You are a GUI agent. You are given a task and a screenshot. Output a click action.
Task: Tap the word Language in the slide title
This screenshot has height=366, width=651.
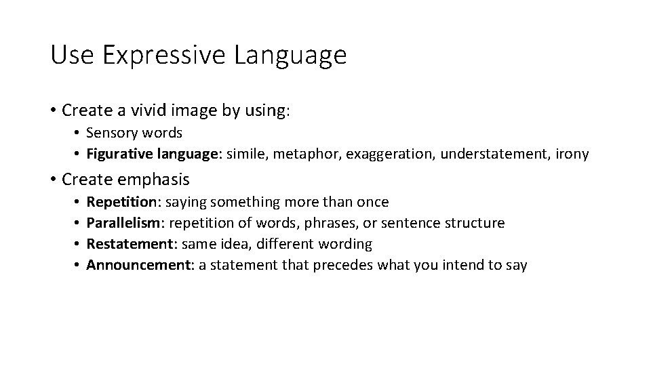click(x=290, y=55)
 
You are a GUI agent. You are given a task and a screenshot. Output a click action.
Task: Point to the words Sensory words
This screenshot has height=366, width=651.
click(x=134, y=134)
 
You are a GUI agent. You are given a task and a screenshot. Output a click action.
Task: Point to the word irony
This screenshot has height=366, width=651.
click(x=572, y=155)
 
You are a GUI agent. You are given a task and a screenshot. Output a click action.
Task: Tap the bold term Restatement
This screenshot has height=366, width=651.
click(x=127, y=244)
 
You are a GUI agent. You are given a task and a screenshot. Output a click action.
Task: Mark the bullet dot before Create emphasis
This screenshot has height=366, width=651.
click(x=53, y=180)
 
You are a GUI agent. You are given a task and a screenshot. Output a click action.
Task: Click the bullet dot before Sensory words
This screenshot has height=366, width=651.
click(x=79, y=134)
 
